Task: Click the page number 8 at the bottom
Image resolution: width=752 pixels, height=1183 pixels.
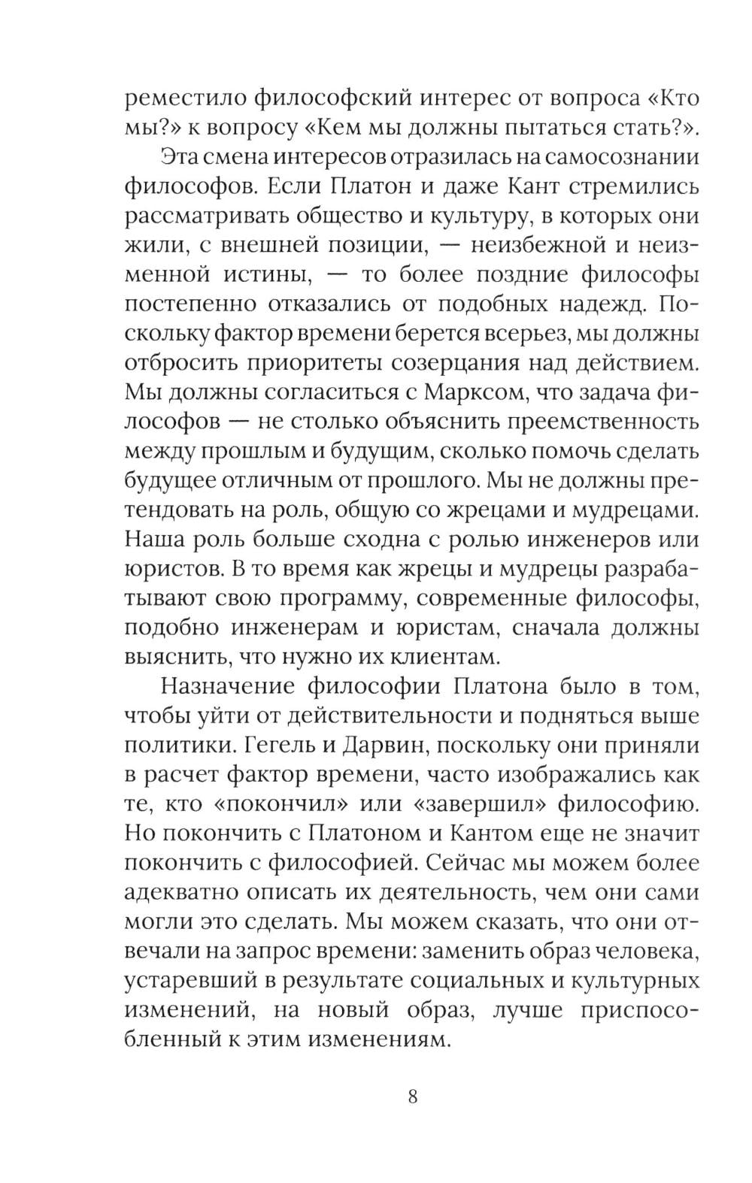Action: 412,1095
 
